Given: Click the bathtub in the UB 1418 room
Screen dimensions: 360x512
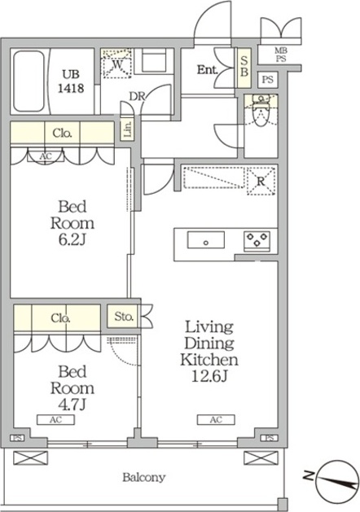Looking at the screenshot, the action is point(29,81).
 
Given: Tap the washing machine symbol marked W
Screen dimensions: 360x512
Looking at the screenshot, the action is point(116,63).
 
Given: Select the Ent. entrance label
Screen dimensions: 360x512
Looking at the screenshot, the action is point(207,69).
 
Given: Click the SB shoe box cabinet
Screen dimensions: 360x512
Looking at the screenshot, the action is point(244,68).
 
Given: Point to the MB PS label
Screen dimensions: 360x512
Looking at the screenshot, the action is point(281,55).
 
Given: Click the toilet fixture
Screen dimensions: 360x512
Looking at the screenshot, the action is point(261,111).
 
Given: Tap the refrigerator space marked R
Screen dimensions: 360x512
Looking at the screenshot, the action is point(261,182).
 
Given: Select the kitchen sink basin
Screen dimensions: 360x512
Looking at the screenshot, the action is point(206,240).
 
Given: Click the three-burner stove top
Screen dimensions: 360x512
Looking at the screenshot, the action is point(257,242).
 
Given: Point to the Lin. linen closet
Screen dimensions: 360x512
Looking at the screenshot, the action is point(127,129).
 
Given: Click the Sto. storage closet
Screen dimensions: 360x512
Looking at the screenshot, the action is point(124,316).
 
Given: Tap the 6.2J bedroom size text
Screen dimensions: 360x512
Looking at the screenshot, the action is point(72,240).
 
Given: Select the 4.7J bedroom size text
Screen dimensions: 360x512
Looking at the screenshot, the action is point(72,405).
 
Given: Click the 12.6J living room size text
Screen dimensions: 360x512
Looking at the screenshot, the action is point(209,377).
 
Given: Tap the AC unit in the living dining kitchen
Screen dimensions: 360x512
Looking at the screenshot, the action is point(216,419).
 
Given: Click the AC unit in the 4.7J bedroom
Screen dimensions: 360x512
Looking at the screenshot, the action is point(56,419).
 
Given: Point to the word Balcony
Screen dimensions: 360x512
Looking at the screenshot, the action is point(144,477).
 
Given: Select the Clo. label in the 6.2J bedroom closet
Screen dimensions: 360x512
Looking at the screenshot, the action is point(62,133).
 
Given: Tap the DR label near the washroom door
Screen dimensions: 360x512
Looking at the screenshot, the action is point(137,96).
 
